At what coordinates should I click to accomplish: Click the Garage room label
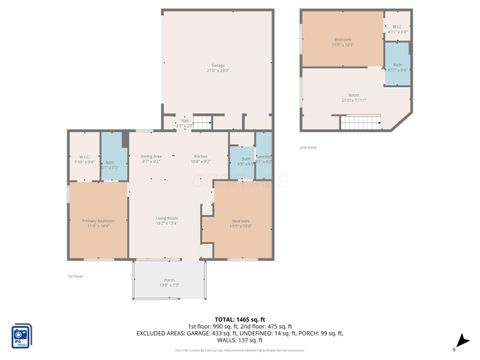216,66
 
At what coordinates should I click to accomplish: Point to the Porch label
169,281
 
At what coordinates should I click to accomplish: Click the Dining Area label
151,159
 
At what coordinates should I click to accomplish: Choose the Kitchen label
201,159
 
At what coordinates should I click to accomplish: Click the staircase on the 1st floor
204,122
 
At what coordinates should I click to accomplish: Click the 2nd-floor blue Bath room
397,68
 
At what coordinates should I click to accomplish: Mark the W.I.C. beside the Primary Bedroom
84,159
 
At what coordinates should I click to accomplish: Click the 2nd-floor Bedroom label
342,42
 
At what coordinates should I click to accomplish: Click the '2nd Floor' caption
309,147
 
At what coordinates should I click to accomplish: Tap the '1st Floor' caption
74,276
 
